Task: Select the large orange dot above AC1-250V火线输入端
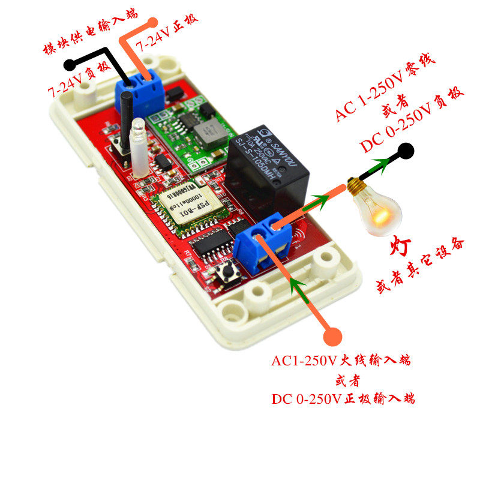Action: tap(332, 337)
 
